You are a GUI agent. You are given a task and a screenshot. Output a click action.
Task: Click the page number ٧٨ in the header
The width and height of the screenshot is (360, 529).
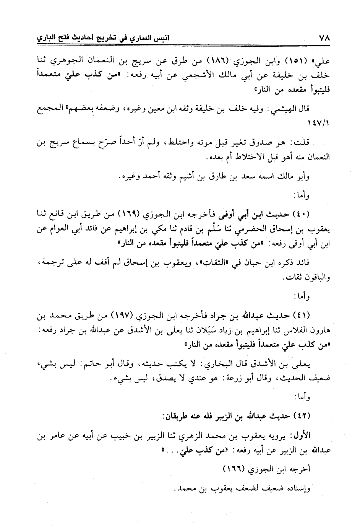(323, 38)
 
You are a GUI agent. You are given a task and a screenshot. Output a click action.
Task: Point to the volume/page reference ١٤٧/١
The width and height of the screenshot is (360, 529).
(319, 125)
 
